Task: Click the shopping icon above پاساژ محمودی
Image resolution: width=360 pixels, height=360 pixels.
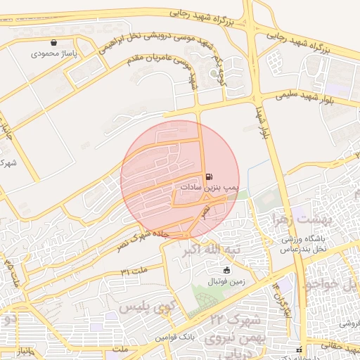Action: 53,43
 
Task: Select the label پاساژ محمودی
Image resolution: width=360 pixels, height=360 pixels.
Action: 54,53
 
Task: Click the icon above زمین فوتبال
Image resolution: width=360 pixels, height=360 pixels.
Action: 226,271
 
